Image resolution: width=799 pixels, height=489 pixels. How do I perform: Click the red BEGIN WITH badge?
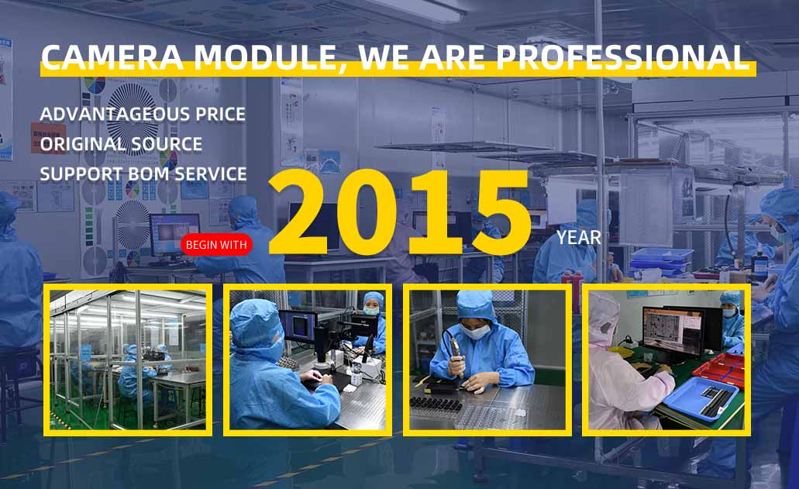click(x=216, y=245)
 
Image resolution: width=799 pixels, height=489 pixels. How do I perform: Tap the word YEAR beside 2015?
click(x=579, y=238)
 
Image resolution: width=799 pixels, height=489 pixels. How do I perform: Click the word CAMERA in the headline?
click(x=112, y=57)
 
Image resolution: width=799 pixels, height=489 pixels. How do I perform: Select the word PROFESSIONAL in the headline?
click(x=622, y=57)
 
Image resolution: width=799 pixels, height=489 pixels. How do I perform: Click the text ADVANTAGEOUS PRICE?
click(x=143, y=114)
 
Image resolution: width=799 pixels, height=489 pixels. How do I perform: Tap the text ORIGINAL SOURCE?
click(x=121, y=144)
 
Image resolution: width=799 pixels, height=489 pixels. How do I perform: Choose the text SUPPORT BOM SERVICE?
click(x=143, y=174)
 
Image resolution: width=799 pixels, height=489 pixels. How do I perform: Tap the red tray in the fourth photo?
click(x=719, y=370)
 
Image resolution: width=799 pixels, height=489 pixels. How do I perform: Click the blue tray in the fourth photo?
click(x=701, y=398)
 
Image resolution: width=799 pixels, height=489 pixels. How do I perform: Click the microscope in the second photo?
click(x=325, y=346)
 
